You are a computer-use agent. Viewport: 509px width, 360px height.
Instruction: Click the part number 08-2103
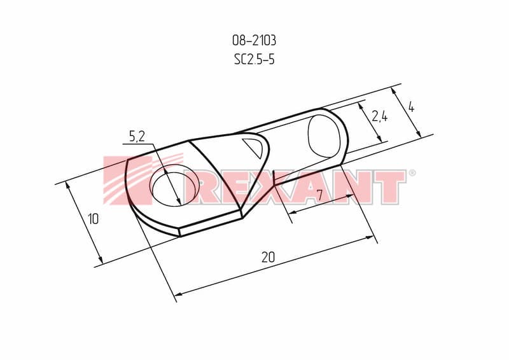point(254,41)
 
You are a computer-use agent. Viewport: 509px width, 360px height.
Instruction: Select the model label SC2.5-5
point(254,59)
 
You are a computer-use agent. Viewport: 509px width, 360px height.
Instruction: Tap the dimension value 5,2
point(137,137)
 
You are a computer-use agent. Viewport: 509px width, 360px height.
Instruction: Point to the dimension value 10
point(93,219)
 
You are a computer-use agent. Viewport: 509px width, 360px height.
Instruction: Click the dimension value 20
point(268,257)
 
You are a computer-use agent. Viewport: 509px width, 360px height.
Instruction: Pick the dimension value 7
point(319,195)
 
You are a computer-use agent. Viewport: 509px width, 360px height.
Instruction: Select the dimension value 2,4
point(379,116)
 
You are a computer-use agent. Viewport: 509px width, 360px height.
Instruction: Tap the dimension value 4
point(411,107)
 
